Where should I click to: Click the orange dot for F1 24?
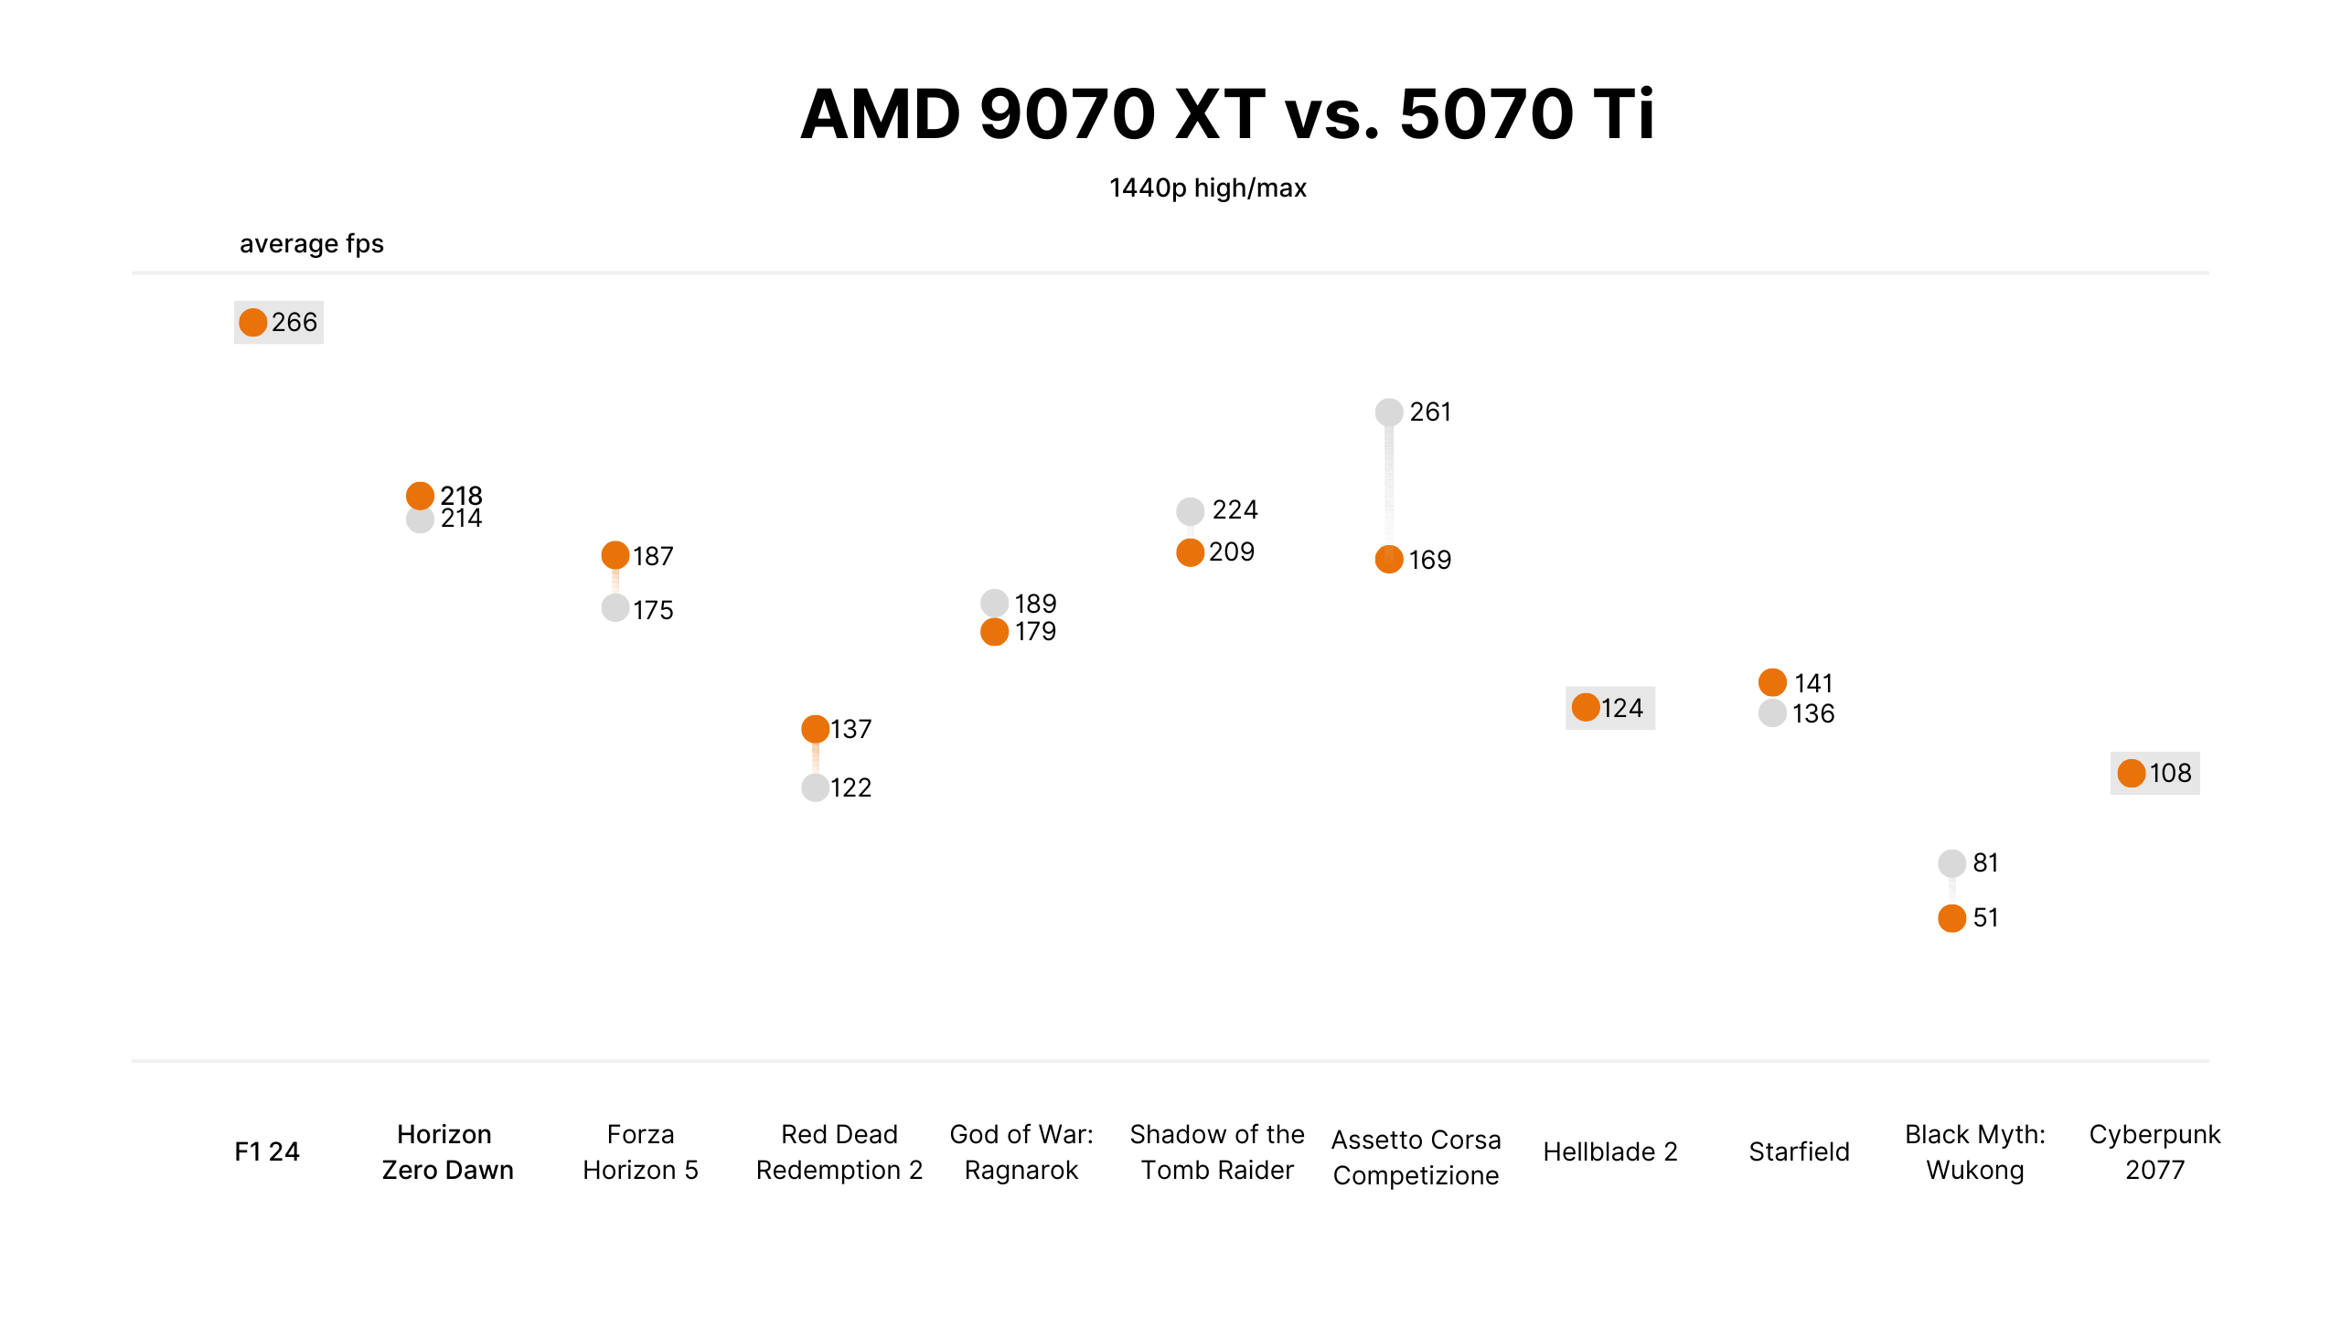click(x=252, y=322)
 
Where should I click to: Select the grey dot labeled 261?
click(x=1388, y=412)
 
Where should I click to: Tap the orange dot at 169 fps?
click(x=1388, y=559)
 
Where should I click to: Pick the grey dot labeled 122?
click(x=815, y=787)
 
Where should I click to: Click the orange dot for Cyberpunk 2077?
click(x=2131, y=773)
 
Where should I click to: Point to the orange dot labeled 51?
click(x=1951, y=917)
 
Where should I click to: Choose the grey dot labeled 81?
click(x=1951, y=862)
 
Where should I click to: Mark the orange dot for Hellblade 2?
click(x=1586, y=707)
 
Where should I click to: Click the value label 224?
click(x=1235, y=509)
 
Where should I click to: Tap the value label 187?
click(x=653, y=556)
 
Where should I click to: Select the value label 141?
click(x=1813, y=683)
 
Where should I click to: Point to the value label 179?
click(x=1035, y=631)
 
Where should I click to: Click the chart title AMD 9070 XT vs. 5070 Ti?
click(x=1226, y=114)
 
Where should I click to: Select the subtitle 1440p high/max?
click(x=1207, y=187)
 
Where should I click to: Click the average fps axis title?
click(x=311, y=243)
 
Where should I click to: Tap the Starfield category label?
click(x=1799, y=1151)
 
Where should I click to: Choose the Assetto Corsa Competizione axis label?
click(x=1416, y=1157)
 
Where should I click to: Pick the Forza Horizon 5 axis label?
click(x=640, y=1151)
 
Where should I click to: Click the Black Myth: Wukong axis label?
click(x=1974, y=1151)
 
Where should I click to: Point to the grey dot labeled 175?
click(x=615, y=607)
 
